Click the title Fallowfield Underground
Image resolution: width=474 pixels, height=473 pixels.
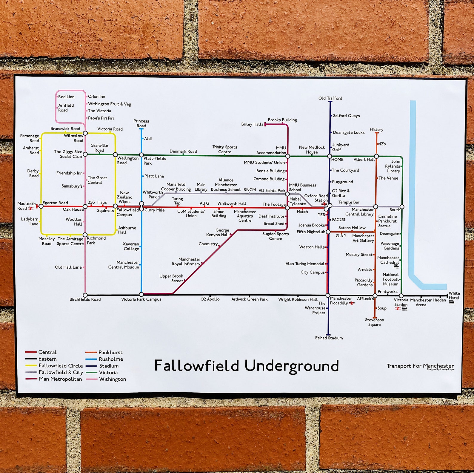point(246,366)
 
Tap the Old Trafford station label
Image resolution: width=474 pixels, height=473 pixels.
point(330,98)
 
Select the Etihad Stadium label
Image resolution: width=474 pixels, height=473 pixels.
point(329,338)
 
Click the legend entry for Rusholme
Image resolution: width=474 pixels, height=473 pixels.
point(111,359)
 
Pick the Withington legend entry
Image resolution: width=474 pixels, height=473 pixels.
point(112,379)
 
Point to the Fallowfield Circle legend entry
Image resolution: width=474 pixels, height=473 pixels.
point(61,366)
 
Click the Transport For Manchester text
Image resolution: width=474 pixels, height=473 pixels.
point(420,366)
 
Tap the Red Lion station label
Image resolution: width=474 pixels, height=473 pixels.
point(66,97)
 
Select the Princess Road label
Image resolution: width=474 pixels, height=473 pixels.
point(141,123)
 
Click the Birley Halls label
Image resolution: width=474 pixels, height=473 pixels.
point(252,124)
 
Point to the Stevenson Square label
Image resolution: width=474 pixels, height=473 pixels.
point(374,322)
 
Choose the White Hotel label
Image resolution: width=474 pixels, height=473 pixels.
point(454,296)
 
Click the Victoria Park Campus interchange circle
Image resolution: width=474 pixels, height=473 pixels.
point(141,295)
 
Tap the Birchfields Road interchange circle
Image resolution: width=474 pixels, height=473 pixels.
point(85,295)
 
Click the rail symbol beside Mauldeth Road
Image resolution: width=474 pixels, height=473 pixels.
point(30,208)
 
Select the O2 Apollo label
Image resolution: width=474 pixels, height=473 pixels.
point(210,299)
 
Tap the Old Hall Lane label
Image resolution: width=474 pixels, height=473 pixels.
point(68,267)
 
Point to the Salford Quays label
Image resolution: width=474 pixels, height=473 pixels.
point(346,116)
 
